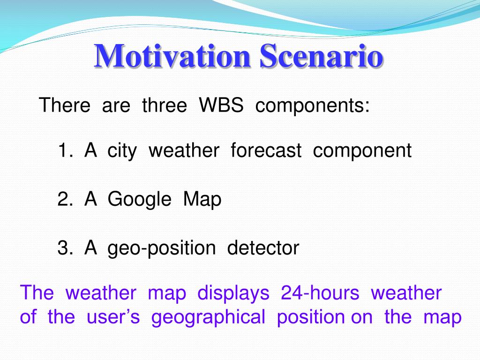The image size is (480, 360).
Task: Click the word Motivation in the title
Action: (172, 56)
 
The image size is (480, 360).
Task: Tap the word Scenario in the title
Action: (321, 56)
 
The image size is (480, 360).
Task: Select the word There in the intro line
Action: (65, 105)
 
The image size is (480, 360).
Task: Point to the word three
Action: (165, 105)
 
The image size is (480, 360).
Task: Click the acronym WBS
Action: (221, 105)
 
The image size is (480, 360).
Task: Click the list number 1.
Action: (65, 150)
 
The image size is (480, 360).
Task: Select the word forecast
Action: (266, 150)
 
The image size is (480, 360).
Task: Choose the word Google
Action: (139, 200)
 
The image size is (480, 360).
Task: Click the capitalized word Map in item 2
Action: (202, 200)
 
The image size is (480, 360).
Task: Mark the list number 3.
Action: (65, 247)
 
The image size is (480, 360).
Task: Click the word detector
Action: (263, 247)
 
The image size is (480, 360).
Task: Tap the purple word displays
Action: (233, 293)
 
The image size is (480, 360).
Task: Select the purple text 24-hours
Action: (320, 292)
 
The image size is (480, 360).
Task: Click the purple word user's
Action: (113, 317)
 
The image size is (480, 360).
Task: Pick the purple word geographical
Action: (208, 318)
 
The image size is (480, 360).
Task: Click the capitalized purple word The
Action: (37, 292)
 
